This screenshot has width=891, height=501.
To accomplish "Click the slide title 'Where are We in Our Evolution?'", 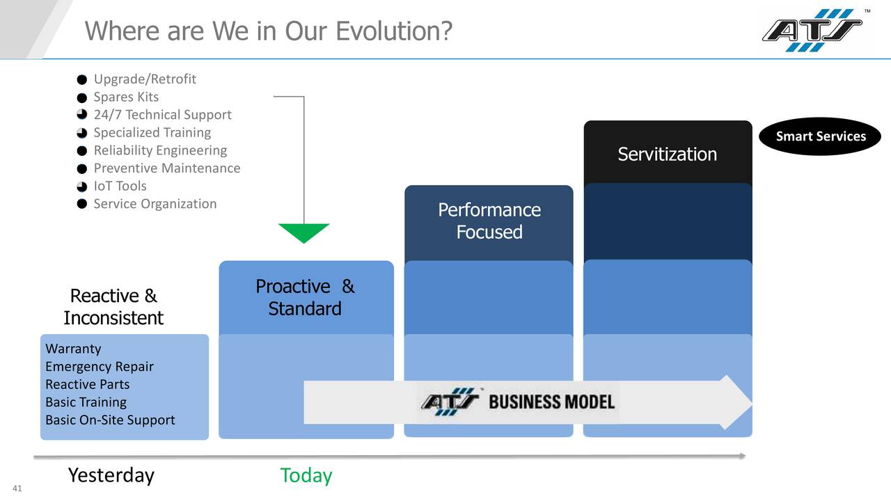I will click(x=269, y=31).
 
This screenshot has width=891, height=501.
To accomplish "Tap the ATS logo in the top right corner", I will click(x=812, y=30).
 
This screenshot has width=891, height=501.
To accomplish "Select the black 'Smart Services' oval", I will click(x=820, y=136).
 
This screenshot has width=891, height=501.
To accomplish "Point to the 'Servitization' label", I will click(x=667, y=154).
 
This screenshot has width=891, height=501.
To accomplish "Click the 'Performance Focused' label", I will click(x=489, y=221).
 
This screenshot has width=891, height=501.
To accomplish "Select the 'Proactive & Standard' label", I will click(x=305, y=297).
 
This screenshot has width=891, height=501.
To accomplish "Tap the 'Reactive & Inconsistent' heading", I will click(x=113, y=307).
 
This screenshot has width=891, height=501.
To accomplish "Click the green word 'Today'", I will click(x=306, y=475).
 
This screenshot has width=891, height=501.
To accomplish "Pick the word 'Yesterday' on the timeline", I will click(x=111, y=475).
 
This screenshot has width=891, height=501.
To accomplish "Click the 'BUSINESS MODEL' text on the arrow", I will click(x=551, y=401).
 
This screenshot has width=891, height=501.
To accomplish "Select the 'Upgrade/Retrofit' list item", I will click(x=145, y=79).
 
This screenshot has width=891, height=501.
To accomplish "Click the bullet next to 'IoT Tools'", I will click(x=81, y=186).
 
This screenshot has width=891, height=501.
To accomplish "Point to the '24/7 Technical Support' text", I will click(x=162, y=115).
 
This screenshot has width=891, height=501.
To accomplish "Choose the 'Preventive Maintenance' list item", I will click(x=167, y=168).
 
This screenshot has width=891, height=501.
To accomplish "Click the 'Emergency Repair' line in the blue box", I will click(x=100, y=367).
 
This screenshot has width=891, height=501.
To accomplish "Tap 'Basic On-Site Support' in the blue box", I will click(x=110, y=420).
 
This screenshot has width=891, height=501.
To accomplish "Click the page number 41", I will click(x=17, y=488).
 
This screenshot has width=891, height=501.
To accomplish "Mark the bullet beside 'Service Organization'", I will click(x=81, y=205).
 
